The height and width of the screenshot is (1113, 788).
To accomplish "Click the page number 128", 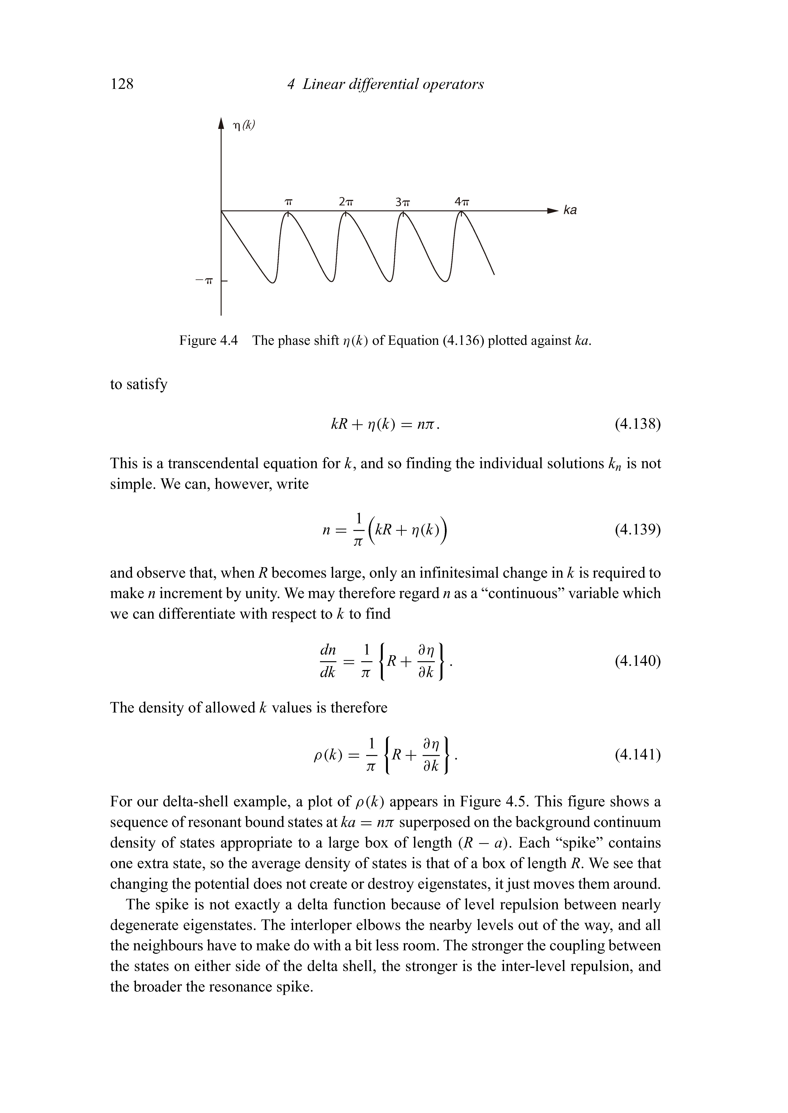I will (122, 84).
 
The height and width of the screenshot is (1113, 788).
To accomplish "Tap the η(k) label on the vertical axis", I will (244, 126).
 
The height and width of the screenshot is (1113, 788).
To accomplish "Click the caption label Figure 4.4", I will (209, 341).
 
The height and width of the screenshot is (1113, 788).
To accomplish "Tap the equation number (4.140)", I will (638, 661).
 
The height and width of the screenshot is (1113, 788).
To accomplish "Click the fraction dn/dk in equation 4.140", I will (328, 661).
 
